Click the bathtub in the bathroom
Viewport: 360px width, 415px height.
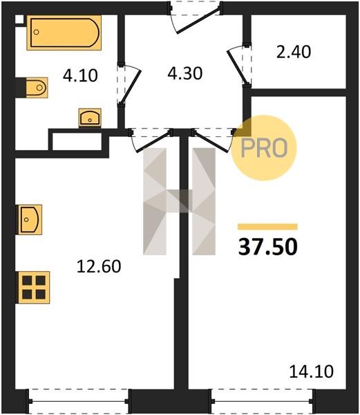tap(64, 33)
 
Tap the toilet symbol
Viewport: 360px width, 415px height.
tap(37, 88)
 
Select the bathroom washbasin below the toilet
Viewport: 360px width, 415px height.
tap(90, 118)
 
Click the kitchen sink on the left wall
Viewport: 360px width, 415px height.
tap(30, 220)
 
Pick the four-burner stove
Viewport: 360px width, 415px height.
tap(34, 288)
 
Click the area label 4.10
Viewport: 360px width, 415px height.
tap(80, 75)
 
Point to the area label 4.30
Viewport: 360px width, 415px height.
tap(185, 73)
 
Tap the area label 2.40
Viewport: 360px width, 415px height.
tap(294, 52)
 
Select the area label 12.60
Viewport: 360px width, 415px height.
tap(99, 266)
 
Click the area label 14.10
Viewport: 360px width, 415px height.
tap(312, 371)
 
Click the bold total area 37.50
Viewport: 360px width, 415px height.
tap(267, 247)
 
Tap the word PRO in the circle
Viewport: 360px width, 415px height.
tap(264, 148)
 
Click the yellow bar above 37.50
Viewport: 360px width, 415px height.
tap(267, 227)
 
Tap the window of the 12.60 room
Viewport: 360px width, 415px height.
tap(79, 401)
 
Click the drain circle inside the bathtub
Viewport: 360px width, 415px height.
tap(37, 32)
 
